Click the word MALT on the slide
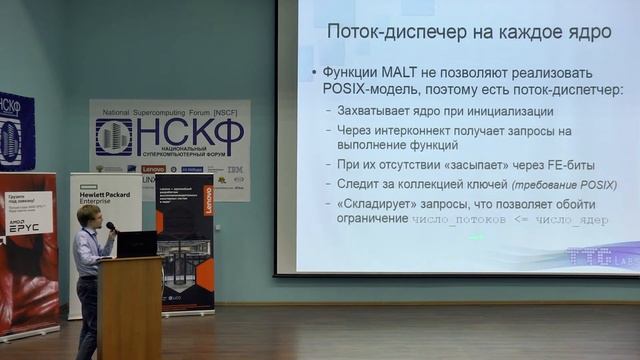click(402, 74)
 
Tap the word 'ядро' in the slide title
click(583, 32)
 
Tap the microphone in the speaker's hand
click(110, 228)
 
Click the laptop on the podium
click(137, 243)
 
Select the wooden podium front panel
click(130, 305)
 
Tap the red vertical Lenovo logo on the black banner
click(208, 199)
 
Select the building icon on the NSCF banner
click(113, 137)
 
